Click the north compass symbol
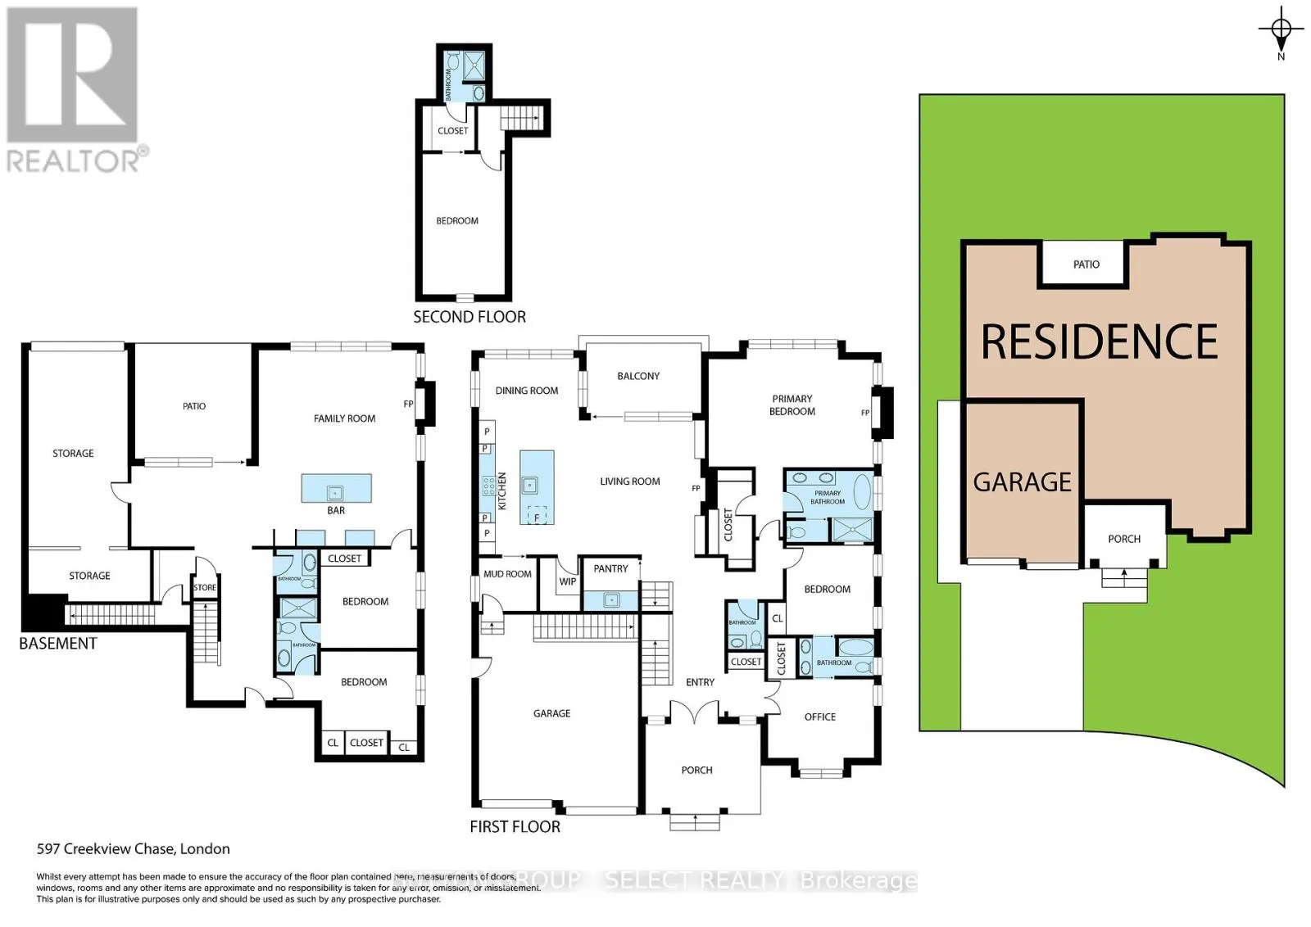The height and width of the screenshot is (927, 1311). pyautogui.click(x=1282, y=31)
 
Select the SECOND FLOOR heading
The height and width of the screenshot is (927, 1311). pyautogui.click(x=470, y=317)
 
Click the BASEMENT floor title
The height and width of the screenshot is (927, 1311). pyautogui.click(x=58, y=644)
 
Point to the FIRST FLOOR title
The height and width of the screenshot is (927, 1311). pyautogui.click(x=515, y=827)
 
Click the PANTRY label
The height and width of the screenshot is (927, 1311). pyautogui.click(x=610, y=568)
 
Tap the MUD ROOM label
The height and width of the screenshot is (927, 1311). pyautogui.click(x=507, y=574)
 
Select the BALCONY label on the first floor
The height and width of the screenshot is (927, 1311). pyautogui.click(x=638, y=376)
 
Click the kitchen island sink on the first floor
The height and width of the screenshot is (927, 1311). pyautogui.click(x=530, y=486)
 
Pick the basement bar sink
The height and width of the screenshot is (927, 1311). pyautogui.click(x=334, y=492)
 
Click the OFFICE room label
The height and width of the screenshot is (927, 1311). pyautogui.click(x=820, y=717)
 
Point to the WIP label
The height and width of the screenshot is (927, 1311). pyautogui.click(x=568, y=581)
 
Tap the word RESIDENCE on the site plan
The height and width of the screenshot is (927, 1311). pyautogui.click(x=1099, y=341)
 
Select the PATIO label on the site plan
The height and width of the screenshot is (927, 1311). pyautogui.click(x=1086, y=265)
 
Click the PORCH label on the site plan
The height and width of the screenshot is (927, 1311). pyautogui.click(x=1124, y=539)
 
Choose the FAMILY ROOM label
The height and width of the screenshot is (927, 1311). pyautogui.click(x=344, y=418)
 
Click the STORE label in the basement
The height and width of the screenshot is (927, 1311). pyautogui.click(x=205, y=588)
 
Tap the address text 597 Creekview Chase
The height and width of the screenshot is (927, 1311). pyautogui.click(x=133, y=849)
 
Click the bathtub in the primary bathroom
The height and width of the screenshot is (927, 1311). pyautogui.click(x=863, y=494)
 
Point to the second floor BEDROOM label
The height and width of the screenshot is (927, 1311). pyautogui.click(x=457, y=221)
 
